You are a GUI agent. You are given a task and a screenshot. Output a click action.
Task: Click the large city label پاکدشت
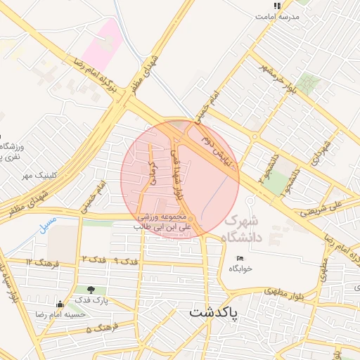pos(215,311)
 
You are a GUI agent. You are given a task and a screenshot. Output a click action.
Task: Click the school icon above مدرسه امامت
pos(277,6)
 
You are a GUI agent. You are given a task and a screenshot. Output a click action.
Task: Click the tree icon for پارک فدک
pos(91,289)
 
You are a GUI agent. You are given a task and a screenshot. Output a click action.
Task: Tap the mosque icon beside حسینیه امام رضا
pos(60,304)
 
